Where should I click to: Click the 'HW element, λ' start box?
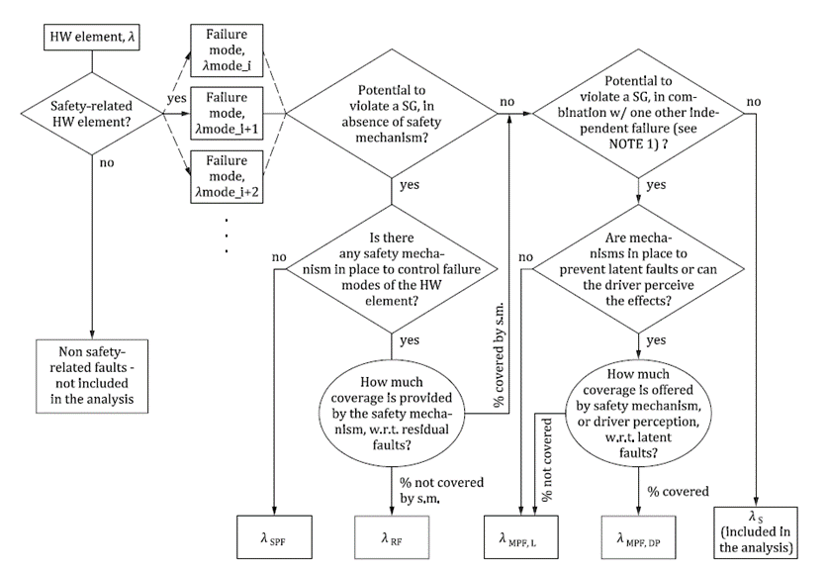[x=91, y=39]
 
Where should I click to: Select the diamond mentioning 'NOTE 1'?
[x=638, y=112]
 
